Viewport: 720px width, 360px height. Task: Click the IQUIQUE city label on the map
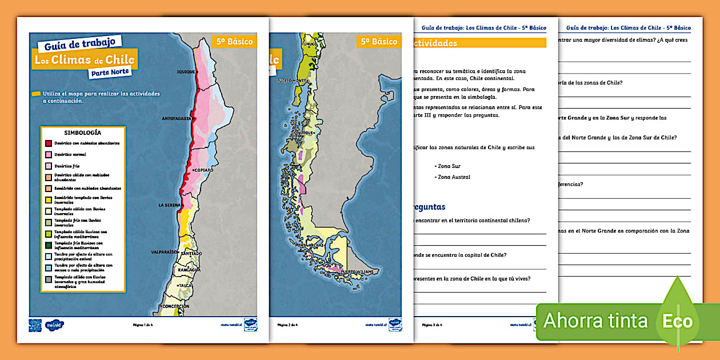(186, 72)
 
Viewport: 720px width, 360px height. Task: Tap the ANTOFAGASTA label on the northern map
(178, 119)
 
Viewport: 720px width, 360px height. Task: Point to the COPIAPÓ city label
(204, 170)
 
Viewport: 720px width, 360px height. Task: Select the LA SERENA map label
(170, 205)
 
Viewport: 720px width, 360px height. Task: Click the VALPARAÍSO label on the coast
(166, 251)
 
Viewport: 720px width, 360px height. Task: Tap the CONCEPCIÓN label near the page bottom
(175, 306)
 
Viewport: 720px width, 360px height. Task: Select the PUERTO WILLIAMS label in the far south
(362, 271)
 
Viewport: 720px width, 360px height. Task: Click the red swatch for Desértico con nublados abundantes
(49, 143)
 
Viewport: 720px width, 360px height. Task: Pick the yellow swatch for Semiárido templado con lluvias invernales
(49, 199)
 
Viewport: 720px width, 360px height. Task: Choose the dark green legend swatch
(49, 245)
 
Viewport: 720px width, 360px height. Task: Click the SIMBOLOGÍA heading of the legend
(83, 133)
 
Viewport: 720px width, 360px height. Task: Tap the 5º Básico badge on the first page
(234, 41)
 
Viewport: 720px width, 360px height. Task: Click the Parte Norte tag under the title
(110, 72)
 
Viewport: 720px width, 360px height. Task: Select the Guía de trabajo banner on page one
(80, 42)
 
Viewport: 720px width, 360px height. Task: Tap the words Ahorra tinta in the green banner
(595, 321)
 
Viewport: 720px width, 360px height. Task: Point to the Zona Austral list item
(454, 177)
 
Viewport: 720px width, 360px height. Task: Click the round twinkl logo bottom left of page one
(54, 325)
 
